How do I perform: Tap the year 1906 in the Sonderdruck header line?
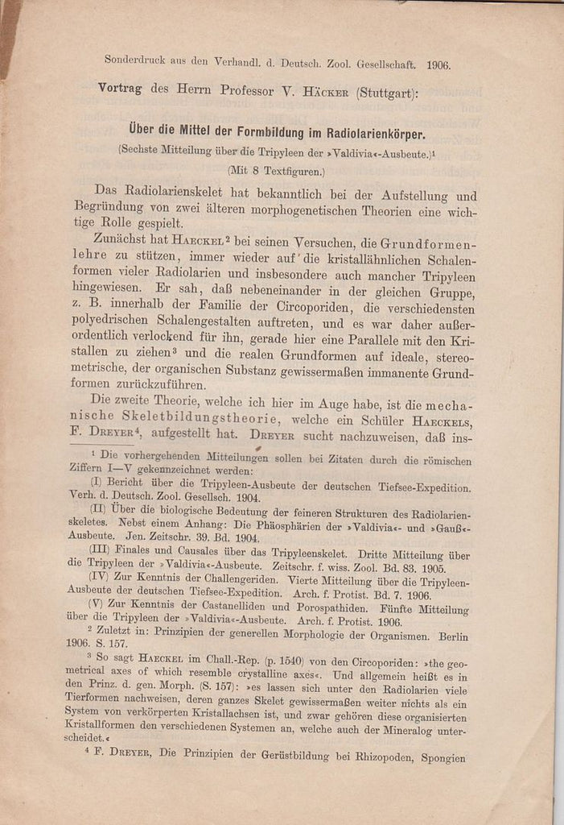coord(438,65)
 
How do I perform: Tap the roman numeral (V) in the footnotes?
coord(100,605)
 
